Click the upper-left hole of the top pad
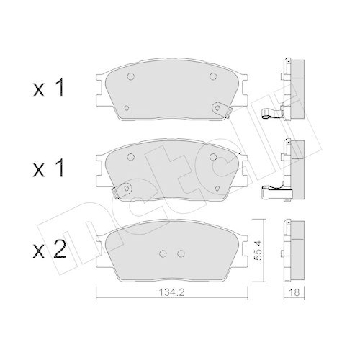(130, 78)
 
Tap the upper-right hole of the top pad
(212, 78)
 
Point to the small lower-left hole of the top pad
(127, 109)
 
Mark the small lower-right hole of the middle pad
(216, 188)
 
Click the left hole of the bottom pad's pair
(161, 252)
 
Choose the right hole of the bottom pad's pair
(180, 252)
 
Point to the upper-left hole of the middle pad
(130, 157)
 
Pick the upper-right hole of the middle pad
(212, 157)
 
